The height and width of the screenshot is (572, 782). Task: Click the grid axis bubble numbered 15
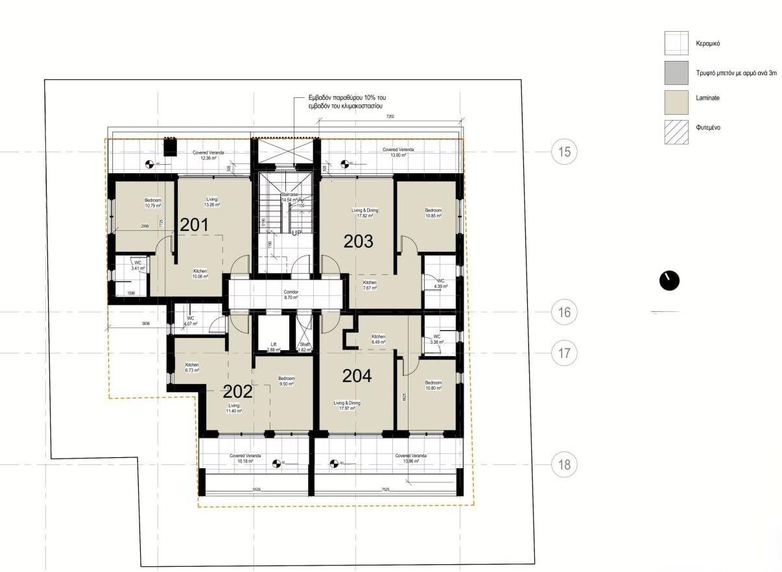tap(564, 152)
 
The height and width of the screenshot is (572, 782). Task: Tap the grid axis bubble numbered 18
tap(564, 464)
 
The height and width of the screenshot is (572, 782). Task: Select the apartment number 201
tap(194, 225)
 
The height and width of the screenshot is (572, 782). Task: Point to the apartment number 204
tap(357, 375)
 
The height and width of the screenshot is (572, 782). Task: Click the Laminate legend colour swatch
tap(676, 102)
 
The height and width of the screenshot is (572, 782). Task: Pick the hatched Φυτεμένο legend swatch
tap(676, 132)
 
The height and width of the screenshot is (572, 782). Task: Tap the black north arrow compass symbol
tap(669, 280)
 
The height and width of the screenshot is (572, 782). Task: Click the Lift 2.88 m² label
tap(273, 347)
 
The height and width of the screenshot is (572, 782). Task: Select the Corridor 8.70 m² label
tap(291, 294)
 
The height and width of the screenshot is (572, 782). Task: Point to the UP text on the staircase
tap(297, 233)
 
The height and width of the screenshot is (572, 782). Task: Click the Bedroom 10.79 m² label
tap(153, 204)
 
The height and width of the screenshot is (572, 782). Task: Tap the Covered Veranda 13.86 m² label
tap(411, 459)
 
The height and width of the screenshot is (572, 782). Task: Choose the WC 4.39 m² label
tap(441, 283)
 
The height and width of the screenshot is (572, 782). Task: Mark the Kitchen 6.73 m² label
tap(192, 367)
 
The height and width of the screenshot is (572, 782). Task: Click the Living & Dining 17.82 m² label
tap(364, 213)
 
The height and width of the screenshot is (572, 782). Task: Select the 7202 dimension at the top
tap(390, 117)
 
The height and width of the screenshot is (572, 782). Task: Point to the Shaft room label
tap(303, 347)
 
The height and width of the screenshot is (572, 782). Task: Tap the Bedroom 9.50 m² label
tap(286, 381)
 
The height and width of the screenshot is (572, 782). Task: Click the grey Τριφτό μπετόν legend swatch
tap(676, 73)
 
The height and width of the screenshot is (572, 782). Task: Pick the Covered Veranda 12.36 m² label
tap(208, 155)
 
